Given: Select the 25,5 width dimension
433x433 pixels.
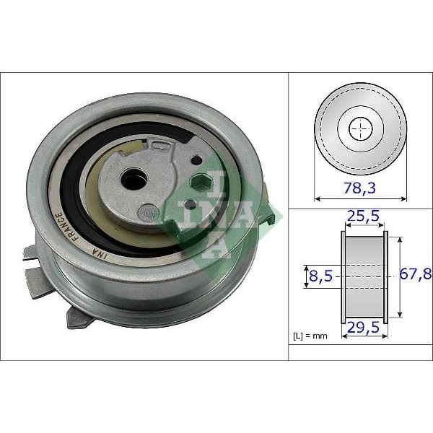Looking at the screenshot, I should tap(363, 215).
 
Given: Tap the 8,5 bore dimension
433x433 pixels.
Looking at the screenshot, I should tap(319, 275).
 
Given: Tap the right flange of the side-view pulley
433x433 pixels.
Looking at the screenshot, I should tap(386, 276).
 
